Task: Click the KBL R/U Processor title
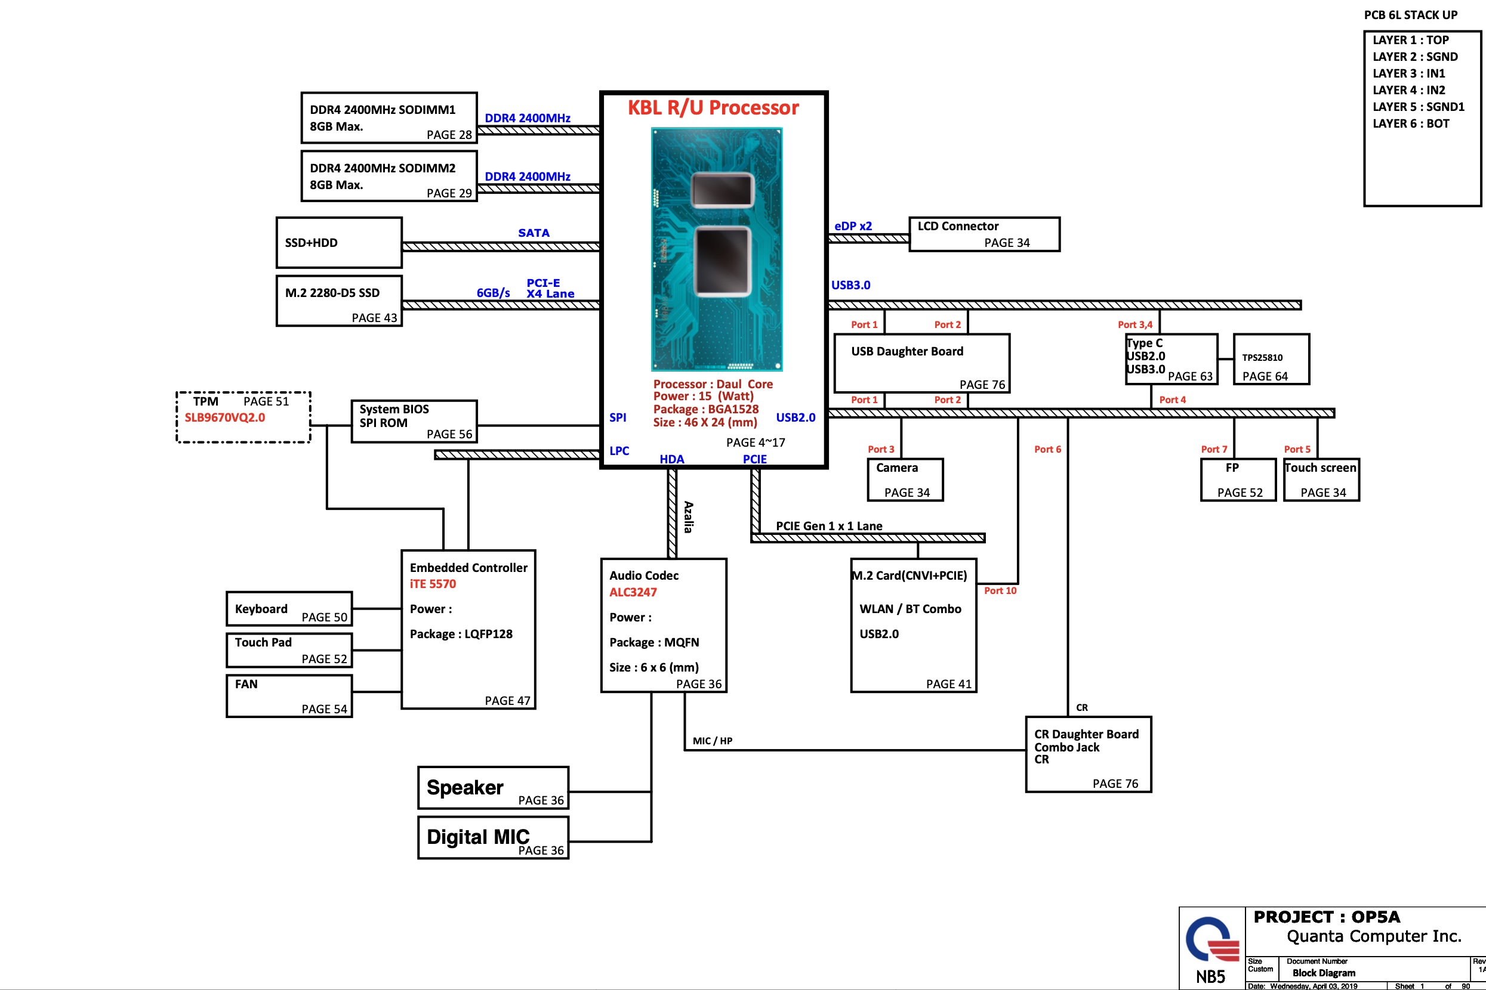[x=713, y=107]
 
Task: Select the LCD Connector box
[x=984, y=234]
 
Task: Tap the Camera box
[x=905, y=479]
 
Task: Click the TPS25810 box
[x=1271, y=359]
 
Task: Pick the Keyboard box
[x=289, y=609]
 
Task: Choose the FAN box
[x=289, y=695]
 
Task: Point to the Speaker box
[x=493, y=787]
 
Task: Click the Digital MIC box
[x=493, y=837]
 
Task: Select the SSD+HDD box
[x=338, y=243]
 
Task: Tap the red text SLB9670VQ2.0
[x=224, y=417]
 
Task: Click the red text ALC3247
[x=633, y=592]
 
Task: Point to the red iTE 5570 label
[x=432, y=584]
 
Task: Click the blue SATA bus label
[x=534, y=233]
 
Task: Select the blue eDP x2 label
[x=852, y=226]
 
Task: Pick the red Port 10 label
[x=1000, y=590]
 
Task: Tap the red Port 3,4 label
[x=1134, y=324]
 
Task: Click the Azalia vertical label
[x=688, y=516]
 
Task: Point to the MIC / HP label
[x=712, y=741]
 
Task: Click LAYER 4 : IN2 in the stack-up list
[x=1408, y=90]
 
